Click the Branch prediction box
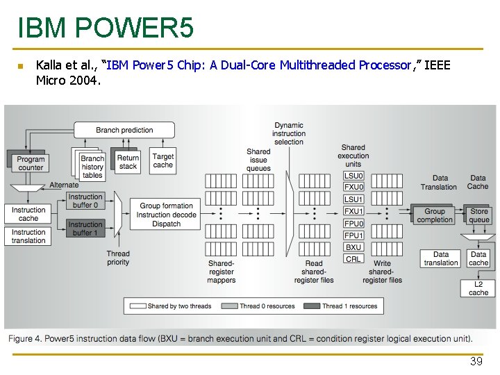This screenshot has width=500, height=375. click(124, 130)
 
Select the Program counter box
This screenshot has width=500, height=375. click(30, 163)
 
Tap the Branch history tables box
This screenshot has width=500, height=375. click(92, 167)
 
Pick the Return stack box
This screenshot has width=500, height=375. click(128, 162)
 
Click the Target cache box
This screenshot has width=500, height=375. click(163, 161)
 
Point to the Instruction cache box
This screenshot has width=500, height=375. click(28, 214)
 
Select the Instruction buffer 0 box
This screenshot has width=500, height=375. click(85, 201)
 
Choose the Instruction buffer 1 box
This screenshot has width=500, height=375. click(85, 228)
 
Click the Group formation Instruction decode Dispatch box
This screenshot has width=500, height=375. click(167, 215)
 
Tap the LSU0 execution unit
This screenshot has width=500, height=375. click(353, 176)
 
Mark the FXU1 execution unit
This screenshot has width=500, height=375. click(353, 211)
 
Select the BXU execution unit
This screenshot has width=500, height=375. click(353, 247)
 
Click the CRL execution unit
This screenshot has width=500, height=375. click(353, 258)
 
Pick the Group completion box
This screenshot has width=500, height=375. click(435, 215)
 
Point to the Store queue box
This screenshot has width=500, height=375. click(479, 215)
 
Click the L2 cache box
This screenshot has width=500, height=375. click(478, 288)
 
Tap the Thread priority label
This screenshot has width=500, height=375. click(118, 258)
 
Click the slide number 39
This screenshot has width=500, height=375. click(476, 362)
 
